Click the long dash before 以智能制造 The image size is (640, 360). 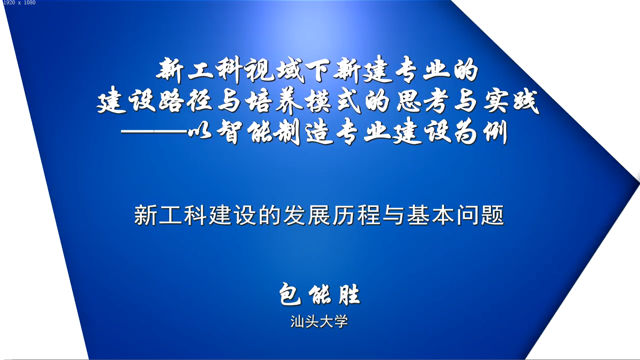click(154, 132)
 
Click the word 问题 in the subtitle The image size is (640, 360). click(480, 215)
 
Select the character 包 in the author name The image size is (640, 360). click(290, 294)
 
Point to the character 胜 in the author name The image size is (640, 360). click(349, 295)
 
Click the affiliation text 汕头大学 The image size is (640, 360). click(319, 322)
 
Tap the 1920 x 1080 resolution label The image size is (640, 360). click(19, 3)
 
